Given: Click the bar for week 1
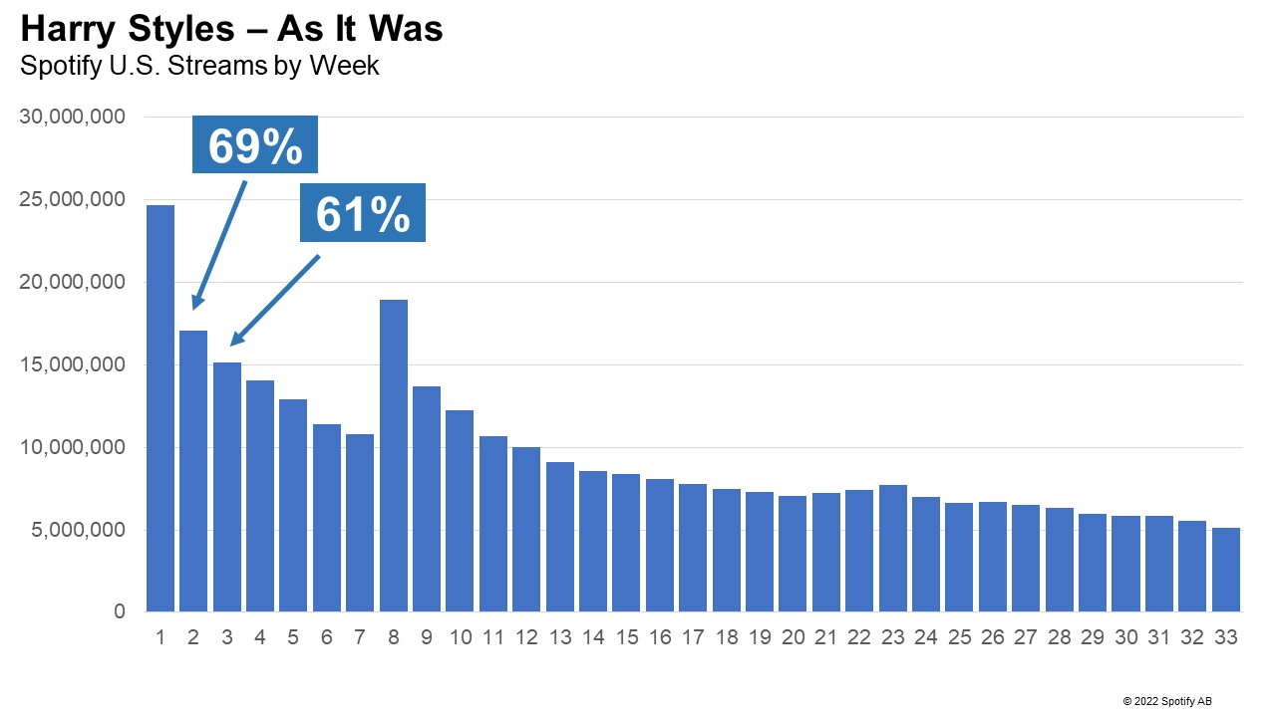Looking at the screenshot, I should coord(160,408).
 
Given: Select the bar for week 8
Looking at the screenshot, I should coord(394,455).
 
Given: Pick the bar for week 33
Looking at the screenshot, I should coord(1226,570).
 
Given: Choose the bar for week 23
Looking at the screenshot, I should coord(893,548).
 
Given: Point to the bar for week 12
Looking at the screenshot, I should coord(526,529).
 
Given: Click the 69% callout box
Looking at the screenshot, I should coord(255,145).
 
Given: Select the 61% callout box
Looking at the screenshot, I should coord(363,213).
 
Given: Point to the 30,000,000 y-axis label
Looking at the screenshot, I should coord(73,118).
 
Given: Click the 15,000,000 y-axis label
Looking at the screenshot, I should coord(73,365).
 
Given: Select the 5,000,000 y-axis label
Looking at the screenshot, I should coord(78,531).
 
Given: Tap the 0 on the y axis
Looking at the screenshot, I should coord(119,612).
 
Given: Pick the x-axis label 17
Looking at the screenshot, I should coord(693,638).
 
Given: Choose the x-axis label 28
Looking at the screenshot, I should coord(1060,638).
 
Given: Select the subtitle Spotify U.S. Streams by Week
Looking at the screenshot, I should coord(199,67).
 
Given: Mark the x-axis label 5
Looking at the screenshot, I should coord(293,638).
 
